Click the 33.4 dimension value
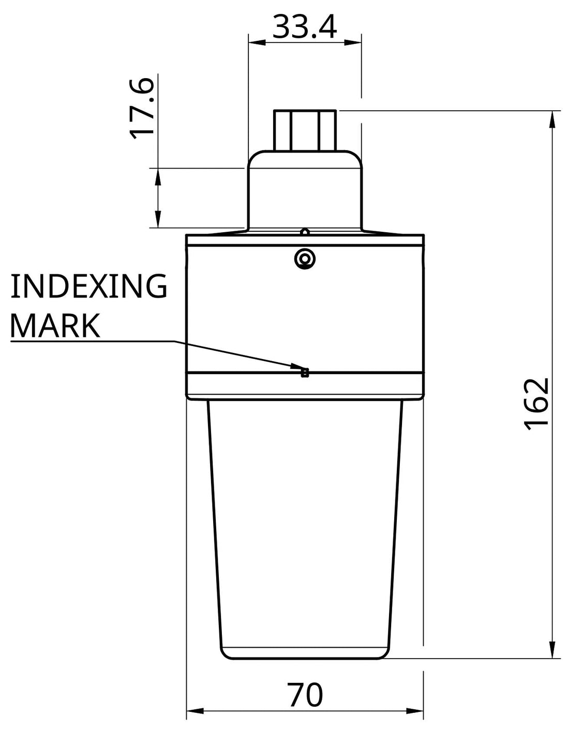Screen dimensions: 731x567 304,27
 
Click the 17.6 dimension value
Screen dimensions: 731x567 141,108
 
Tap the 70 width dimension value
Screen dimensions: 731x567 305,695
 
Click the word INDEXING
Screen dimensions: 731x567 88,287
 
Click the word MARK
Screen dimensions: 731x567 55,326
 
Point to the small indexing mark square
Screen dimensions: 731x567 305,372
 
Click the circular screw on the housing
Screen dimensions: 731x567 304,258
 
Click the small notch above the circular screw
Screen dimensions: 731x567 305,232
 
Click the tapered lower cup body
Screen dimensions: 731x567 305,528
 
